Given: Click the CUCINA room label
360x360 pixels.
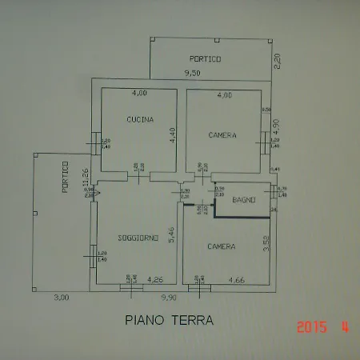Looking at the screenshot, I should point(140,119).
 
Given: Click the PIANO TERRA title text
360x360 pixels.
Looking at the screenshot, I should point(169,320).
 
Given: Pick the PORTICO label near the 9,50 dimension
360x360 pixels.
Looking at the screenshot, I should point(205,59).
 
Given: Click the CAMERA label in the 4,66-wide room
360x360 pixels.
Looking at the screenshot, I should point(221,246).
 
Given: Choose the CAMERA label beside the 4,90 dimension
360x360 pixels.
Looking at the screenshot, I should point(222,135).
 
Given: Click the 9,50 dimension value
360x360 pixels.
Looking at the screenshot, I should point(191,74).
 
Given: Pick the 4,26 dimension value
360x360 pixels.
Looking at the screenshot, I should point(157,280).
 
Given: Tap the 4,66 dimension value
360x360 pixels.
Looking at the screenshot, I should point(237,280).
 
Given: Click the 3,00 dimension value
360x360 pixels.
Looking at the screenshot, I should point(61,298).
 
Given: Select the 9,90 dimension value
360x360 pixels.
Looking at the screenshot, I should point(169,298).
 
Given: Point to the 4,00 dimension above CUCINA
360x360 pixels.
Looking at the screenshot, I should point(140,94).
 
